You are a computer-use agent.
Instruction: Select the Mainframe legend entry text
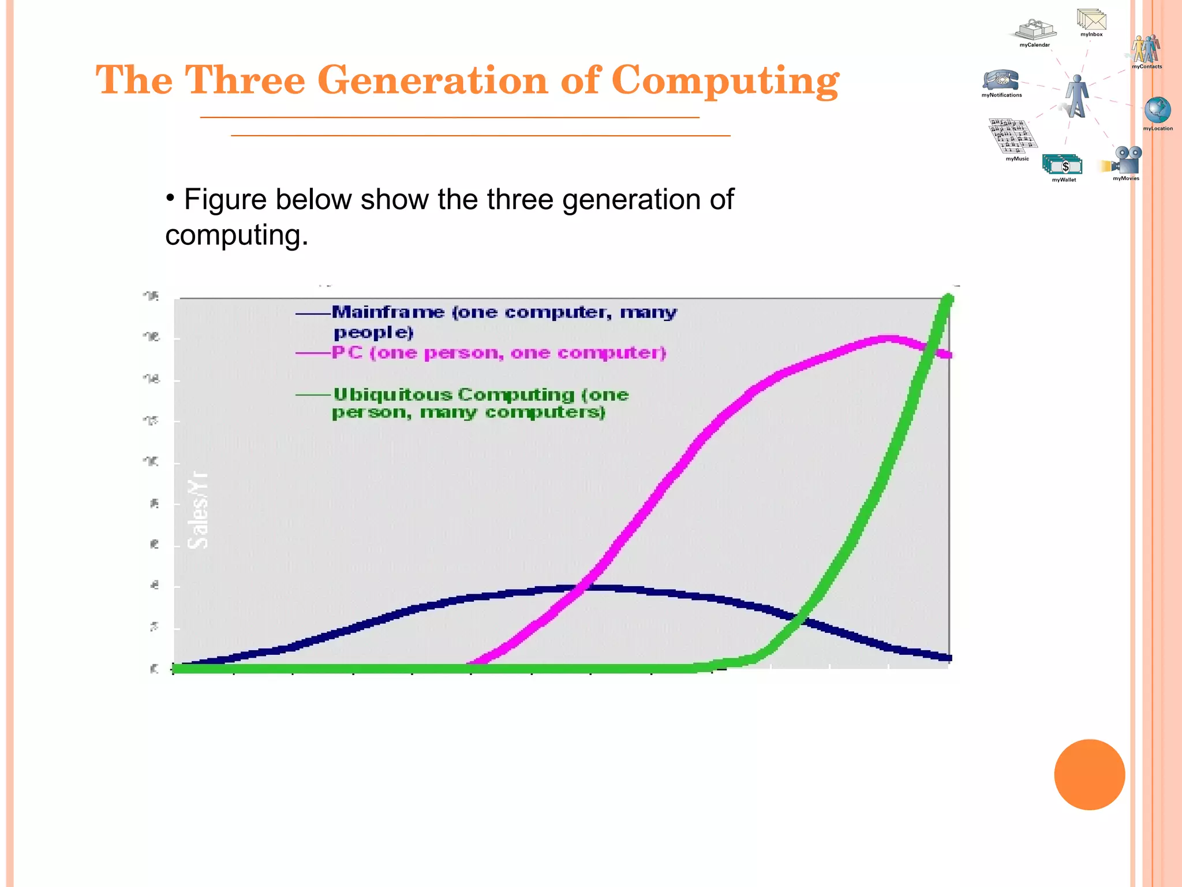click(503, 321)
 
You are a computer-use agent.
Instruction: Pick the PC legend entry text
click(499, 353)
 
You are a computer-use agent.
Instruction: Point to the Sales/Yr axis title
click(198, 510)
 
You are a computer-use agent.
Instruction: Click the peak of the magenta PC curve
click(889, 338)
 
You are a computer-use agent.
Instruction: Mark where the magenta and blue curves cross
click(583, 588)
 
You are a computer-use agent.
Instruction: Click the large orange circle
click(1089, 774)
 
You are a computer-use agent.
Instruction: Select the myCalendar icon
click(1036, 29)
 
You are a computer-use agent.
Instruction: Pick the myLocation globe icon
click(1157, 110)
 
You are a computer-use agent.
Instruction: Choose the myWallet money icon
click(1063, 165)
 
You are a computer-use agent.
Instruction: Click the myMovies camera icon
click(1125, 160)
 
